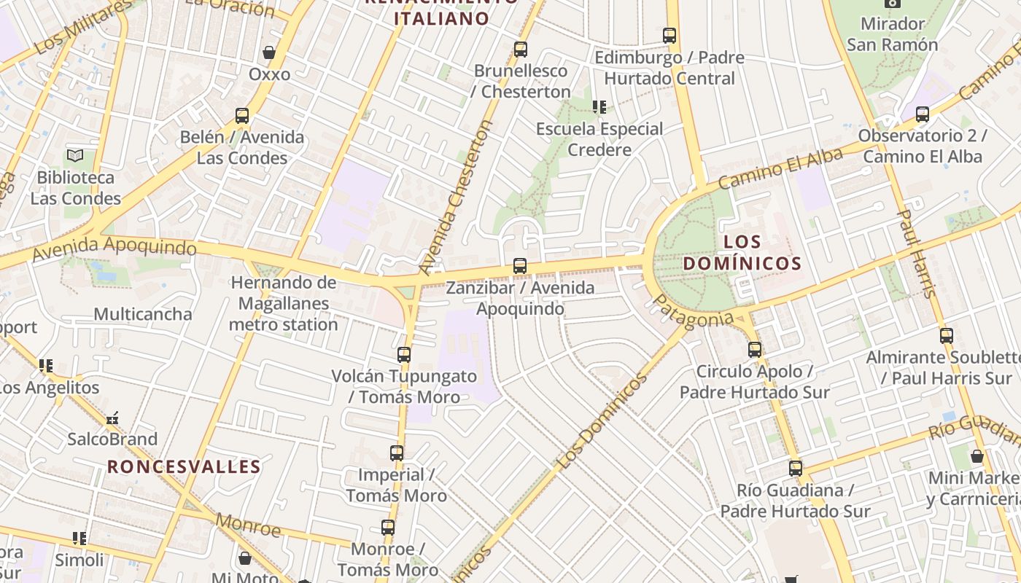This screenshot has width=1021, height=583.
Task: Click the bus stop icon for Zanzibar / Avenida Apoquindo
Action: coord(519,266)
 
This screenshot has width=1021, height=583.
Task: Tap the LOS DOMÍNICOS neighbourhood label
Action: coord(742,252)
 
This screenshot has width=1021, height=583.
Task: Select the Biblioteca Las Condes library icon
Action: coord(74,155)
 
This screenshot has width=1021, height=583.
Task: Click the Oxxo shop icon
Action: coord(269,52)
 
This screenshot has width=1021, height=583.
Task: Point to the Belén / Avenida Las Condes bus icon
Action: coord(242,116)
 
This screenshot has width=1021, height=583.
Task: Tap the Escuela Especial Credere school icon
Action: coord(599,108)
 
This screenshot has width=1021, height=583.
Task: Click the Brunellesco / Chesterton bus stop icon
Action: coord(520,50)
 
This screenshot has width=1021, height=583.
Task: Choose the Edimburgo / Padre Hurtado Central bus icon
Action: coord(669,35)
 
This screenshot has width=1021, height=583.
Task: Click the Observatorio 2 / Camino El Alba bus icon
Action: coord(923,114)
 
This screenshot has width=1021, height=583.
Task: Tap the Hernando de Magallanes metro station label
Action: coord(284,303)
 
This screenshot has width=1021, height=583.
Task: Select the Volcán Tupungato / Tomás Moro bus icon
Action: coord(404,355)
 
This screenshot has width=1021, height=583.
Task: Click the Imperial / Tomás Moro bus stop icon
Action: coord(397,453)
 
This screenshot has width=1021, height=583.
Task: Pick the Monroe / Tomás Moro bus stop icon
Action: coord(388,528)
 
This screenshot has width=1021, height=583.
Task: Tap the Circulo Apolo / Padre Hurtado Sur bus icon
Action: coord(755,350)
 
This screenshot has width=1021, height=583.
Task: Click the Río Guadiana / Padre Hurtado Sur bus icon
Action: coord(796,469)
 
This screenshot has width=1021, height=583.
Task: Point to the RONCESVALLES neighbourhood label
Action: coord(184,466)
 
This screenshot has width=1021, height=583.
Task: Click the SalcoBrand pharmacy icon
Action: coord(112,419)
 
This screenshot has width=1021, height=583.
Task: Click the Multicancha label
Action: coord(143,314)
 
